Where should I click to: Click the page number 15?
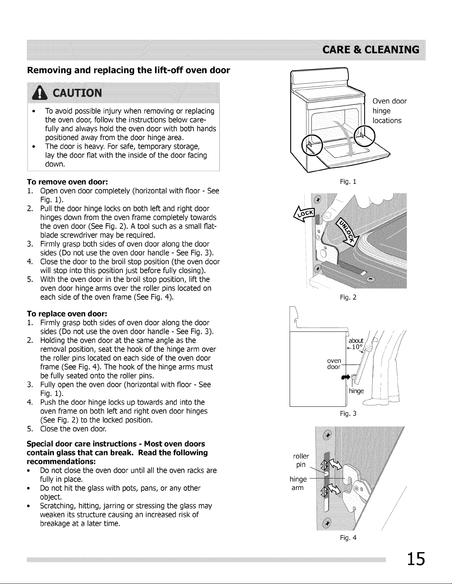(x=416, y=559)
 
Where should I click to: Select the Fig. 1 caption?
(x=348, y=182)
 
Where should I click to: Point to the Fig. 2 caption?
(x=348, y=297)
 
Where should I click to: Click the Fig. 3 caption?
(x=348, y=413)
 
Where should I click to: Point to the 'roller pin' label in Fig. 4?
(x=301, y=460)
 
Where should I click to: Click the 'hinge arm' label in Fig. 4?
(x=298, y=483)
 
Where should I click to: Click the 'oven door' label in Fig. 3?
(x=334, y=364)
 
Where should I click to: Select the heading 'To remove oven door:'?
(x=67, y=182)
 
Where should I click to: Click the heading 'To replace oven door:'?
(x=67, y=314)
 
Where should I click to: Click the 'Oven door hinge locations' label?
(x=389, y=111)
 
